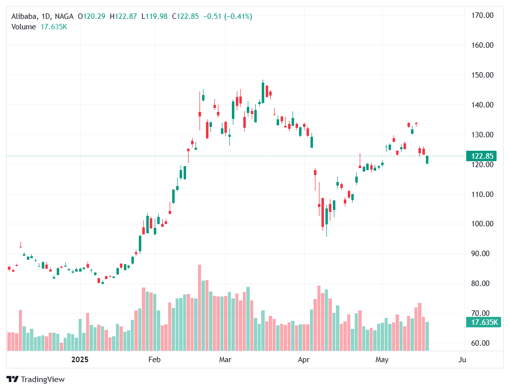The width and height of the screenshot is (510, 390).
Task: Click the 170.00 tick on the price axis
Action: pos(482,15)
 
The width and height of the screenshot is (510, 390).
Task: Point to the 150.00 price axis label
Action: pos(482,75)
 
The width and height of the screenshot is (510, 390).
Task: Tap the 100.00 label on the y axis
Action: pos(482,224)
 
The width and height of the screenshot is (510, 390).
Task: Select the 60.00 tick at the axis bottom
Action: pos(482,343)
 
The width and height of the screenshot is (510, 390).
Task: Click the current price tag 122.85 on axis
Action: pos(482,156)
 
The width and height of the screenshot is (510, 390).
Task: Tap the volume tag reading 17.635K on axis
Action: pos(482,322)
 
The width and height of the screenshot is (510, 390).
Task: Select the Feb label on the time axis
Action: pos(154,359)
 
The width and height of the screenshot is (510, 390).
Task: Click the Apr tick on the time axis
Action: pos(303,359)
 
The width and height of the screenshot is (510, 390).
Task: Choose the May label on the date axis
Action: pos(382,359)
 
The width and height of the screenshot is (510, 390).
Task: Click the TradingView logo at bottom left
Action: pos(35,380)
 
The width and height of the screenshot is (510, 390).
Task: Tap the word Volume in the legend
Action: pos(23,27)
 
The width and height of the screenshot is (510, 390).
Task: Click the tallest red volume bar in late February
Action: pos(200,307)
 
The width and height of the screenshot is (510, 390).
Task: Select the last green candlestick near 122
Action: pos(427,160)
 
